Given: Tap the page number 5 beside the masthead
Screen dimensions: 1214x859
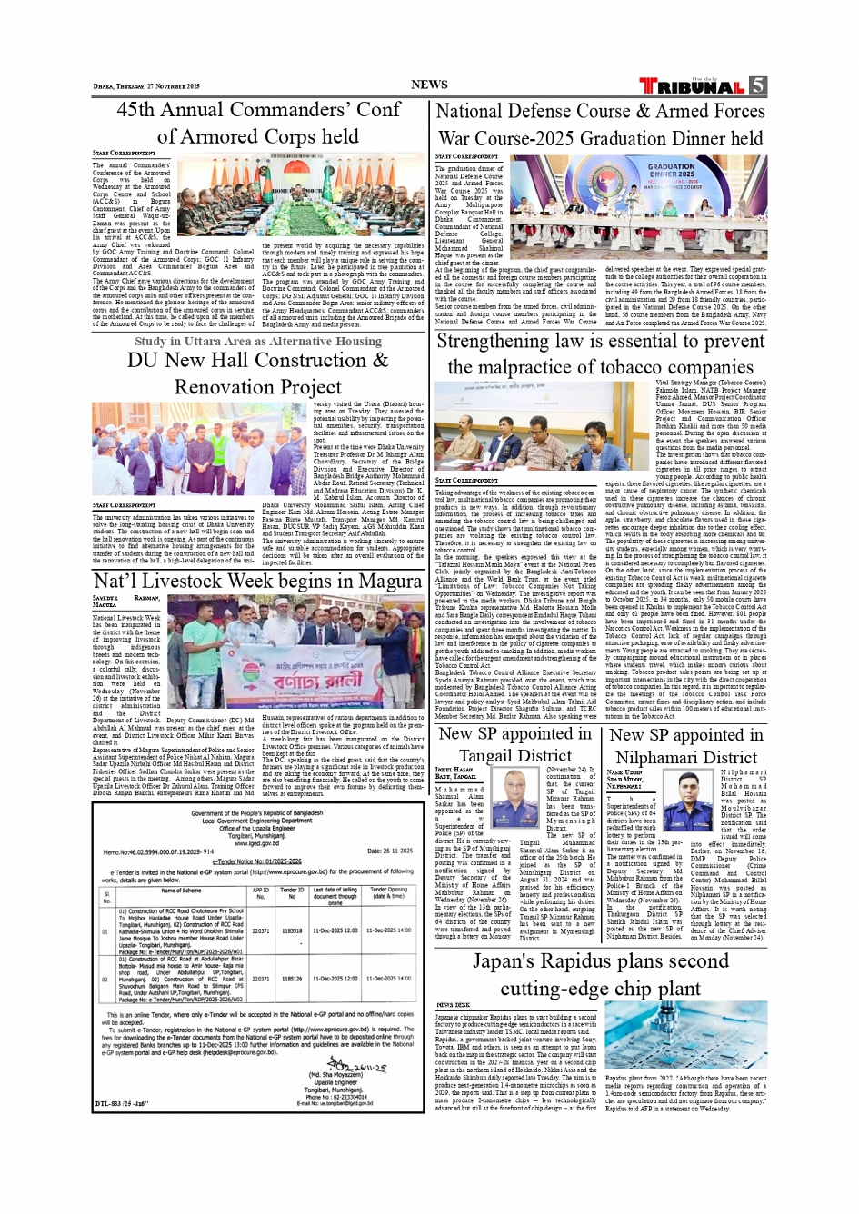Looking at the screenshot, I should pyautogui.click(x=757, y=85).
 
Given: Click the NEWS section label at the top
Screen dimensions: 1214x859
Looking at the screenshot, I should pyautogui.click(x=429, y=85).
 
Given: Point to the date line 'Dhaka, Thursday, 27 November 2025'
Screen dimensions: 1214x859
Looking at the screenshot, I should pyautogui.click(x=146, y=86).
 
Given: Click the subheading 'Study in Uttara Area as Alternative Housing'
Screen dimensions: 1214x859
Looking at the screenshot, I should pyautogui.click(x=258, y=341).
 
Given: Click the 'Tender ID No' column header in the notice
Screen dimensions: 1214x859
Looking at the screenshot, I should pyautogui.click(x=291, y=893).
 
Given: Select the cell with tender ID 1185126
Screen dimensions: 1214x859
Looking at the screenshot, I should pyautogui.click(x=291, y=979).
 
